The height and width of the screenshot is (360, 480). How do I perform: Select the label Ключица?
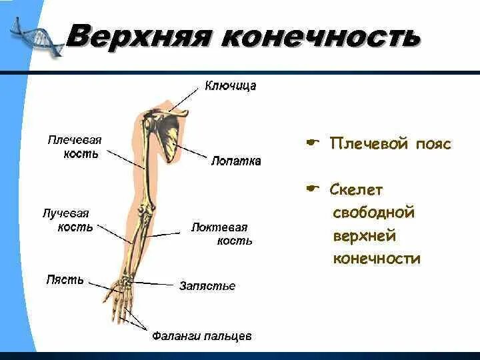point(230,85)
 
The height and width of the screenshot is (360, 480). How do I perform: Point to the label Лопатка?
point(236,161)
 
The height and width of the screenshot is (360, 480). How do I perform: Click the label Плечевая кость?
point(74,147)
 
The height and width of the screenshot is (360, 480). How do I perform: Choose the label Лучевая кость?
point(67,220)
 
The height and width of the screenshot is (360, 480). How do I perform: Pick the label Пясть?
point(65,279)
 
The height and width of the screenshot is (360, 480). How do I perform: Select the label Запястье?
point(207,286)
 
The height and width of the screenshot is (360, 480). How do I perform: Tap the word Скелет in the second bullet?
point(356,190)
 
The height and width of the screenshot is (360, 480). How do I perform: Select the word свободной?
point(373,213)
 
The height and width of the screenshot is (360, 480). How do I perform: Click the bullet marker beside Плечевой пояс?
point(312,143)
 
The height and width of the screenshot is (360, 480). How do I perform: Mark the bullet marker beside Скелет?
point(312,189)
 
